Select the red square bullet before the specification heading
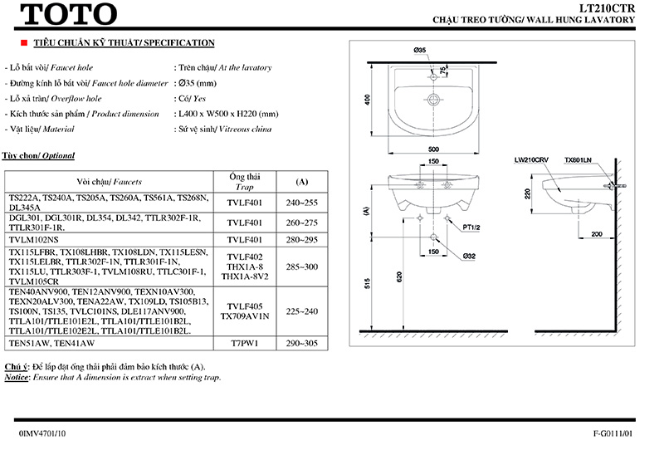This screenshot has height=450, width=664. tap(12, 42)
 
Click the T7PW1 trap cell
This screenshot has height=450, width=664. tap(245, 342)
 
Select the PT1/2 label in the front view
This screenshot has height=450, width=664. tap(472, 227)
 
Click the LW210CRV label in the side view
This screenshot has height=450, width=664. tap(530, 159)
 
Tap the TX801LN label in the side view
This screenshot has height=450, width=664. tap(577, 159)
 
